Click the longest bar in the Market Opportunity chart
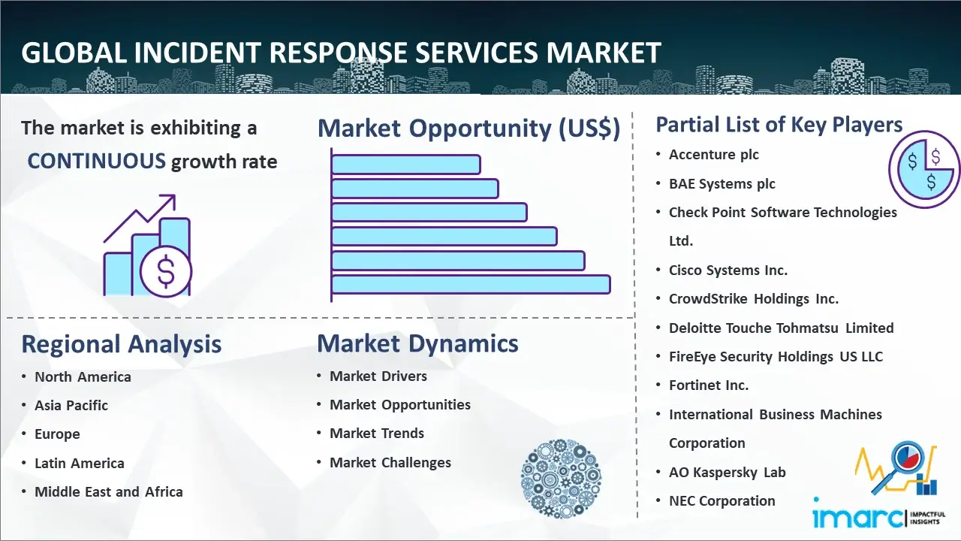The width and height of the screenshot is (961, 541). (470, 284)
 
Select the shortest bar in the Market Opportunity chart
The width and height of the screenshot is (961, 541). (405, 164)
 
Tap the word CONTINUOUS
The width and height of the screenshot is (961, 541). (97, 161)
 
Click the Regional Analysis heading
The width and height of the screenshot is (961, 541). (121, 344)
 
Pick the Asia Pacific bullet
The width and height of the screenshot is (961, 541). (71, 405)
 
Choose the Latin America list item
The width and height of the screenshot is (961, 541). (80, 463)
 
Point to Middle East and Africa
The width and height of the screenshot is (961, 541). (109, 492)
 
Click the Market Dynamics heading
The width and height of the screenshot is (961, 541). (417, 343)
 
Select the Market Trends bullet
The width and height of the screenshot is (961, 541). (377, 434)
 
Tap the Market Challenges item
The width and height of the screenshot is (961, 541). (390, 463)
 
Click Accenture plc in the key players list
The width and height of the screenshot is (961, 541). (714, 155)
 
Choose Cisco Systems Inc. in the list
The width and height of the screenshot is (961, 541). (728, 270)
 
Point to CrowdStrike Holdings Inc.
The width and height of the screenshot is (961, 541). (754, 299)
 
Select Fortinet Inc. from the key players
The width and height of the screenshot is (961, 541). (709, 385)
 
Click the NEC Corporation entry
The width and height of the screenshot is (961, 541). (722, 501)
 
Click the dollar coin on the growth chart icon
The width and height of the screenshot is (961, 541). (166, 272)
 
